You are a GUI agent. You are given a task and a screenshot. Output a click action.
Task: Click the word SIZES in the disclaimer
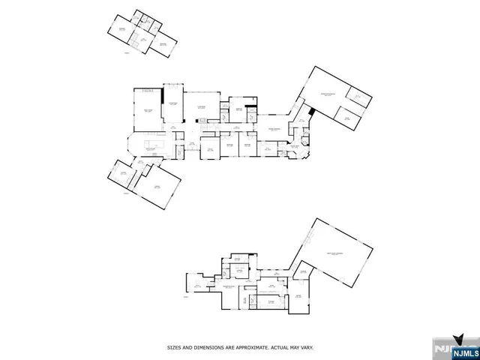click(x=174, y=346)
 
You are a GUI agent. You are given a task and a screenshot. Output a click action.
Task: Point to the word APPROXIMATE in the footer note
click(x=259, y=346)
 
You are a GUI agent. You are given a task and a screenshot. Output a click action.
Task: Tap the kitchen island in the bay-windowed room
click(x=156, y=142)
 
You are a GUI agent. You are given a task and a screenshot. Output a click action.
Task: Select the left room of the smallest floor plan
click(x=120, y=31)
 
